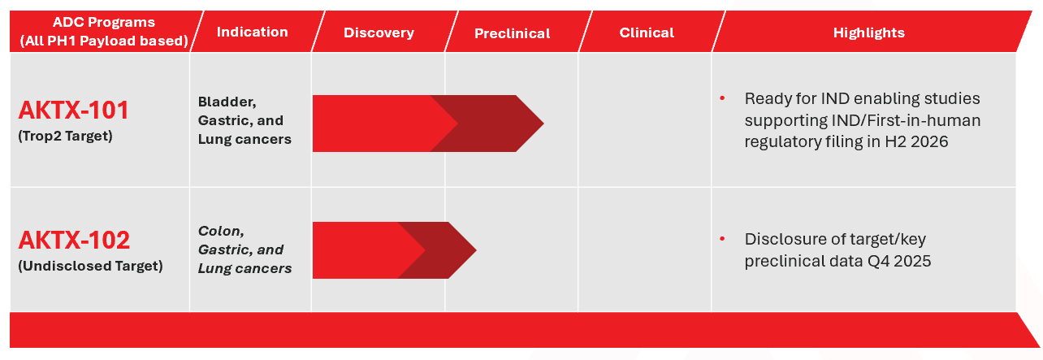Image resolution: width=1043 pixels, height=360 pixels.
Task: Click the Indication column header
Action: (x=253, y=32)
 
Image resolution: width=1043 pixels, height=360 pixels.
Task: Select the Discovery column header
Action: (x=379, y=33)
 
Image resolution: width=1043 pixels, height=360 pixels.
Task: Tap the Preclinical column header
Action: (x=513, y=33)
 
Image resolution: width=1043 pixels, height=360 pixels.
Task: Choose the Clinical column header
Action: (x=647, y=33)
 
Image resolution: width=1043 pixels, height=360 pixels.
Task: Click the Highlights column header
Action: (x=869, y=33)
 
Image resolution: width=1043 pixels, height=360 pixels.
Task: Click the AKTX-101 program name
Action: (x=74, y=111)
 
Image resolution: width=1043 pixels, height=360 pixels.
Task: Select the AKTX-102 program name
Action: (x=74, y=241)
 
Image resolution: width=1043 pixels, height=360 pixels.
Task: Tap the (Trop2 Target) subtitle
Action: (x=65, y=136)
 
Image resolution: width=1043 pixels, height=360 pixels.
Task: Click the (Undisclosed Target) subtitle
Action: (x=90, y=266)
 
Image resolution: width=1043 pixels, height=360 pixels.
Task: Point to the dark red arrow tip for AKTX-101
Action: (x=543, y=124)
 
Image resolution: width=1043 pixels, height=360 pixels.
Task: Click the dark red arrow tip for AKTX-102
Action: (x=475, y=250)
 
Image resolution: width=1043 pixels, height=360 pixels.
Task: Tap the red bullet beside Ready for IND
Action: (x=722, y=98)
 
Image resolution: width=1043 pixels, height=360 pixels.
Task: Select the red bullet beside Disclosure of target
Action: (x=722, y=238)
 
